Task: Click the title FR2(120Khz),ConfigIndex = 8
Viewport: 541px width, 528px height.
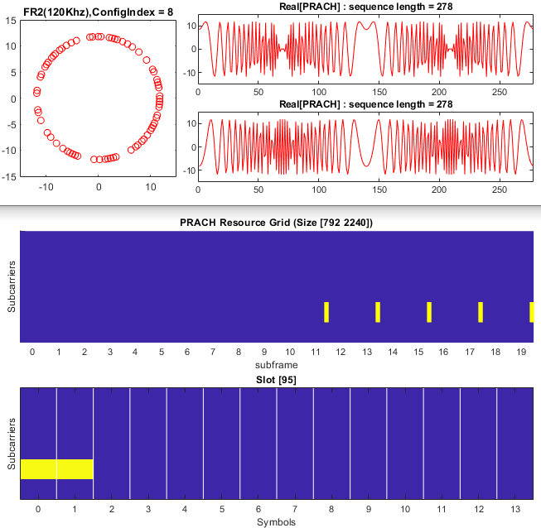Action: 98,9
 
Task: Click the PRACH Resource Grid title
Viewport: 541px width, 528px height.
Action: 276,223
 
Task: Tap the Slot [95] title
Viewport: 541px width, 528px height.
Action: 277,379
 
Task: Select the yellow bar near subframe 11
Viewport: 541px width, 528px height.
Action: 326,312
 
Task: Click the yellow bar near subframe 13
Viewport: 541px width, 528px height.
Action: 378,312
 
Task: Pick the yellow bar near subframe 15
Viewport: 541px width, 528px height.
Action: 429,312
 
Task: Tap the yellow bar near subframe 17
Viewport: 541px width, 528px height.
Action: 481,312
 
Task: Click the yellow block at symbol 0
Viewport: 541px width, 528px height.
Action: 38,468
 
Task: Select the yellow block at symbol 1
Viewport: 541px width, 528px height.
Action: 75,468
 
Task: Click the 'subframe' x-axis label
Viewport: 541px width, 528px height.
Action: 276,363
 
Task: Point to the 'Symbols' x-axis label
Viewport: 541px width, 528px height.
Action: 276,521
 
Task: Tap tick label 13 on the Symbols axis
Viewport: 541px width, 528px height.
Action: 514,509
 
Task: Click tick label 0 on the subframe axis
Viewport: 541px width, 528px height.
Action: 32,352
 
